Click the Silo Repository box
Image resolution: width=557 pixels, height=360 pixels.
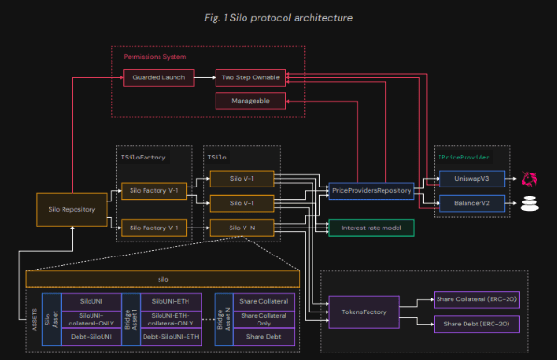[x=72, y=209]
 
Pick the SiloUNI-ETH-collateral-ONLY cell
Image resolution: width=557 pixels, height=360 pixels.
[x=172, y=318]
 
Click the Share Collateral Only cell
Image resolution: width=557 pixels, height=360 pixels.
[x=264, y=318]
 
